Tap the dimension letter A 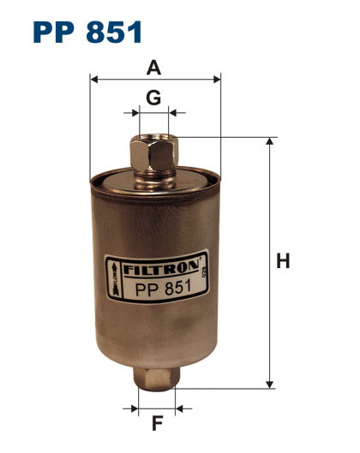tap(155, 67)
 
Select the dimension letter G tap(153, 98)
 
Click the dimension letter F tap(157, 422)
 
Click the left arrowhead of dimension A tap(94, 80)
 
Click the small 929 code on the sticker tap(206, 274)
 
